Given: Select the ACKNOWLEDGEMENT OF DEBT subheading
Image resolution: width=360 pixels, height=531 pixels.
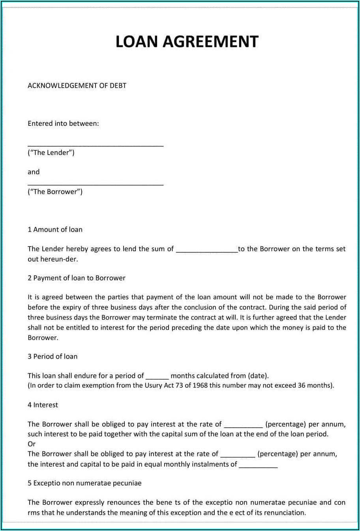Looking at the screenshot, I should click(x=77, y=86).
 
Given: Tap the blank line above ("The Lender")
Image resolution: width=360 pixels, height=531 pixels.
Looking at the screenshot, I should click(x=96, y=145).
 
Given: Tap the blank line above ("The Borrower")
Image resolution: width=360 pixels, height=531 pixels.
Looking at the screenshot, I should click(x=96, y=184).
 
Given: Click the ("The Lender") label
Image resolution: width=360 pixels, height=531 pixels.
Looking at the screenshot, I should click(x=51, y=153).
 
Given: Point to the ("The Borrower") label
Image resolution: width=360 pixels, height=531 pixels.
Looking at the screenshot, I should click(x=55, y=192).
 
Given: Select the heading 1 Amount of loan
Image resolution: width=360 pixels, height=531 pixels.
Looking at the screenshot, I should click(x=55, y=230).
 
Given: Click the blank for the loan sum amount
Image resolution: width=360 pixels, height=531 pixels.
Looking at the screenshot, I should click(x=206, y=250).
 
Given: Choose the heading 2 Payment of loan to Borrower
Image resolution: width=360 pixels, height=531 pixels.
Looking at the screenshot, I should click(x=76, y=278).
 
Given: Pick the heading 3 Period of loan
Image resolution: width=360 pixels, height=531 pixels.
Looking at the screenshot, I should click(x=52, y=357).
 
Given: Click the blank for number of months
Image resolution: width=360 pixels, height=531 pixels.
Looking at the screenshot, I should click(x=157, y=377).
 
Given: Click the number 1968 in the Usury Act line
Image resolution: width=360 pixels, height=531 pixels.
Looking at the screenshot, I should click(x=200, y=386).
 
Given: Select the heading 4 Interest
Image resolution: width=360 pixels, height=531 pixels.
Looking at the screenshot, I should click(x=43, y=405).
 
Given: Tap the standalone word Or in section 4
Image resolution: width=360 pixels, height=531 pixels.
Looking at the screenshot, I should click(x=32, y=444).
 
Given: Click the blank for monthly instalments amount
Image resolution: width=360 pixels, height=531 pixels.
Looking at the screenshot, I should click(x=258, y=466).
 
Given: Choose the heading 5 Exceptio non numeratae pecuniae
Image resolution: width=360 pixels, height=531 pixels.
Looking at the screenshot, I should click(x=84, y=483).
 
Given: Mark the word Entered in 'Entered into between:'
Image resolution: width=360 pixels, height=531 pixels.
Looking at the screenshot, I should click(x=40, y=124).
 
